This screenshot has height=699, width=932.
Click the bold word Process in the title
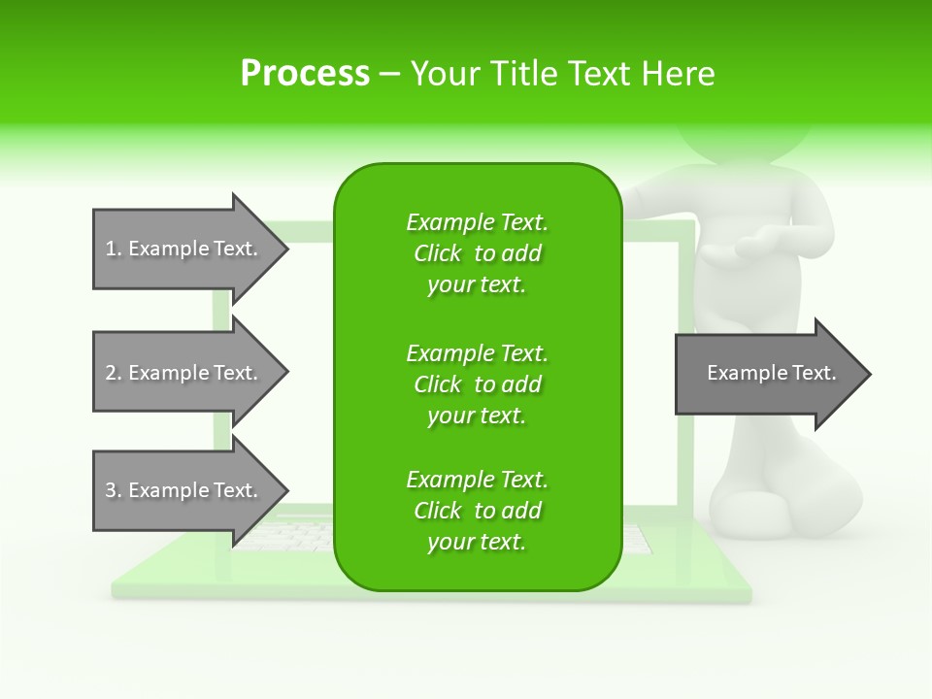pyautogui.click(x=305, y=74)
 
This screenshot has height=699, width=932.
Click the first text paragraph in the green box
pyautogui.click(x=477, y=253)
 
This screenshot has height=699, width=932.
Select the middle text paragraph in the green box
pyautogui.click(x=477, y=384)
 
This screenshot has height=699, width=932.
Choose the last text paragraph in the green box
pyautogui.click(x=477, y=511)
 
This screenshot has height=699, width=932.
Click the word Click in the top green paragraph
pyautogui.click(x=438, y=253)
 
